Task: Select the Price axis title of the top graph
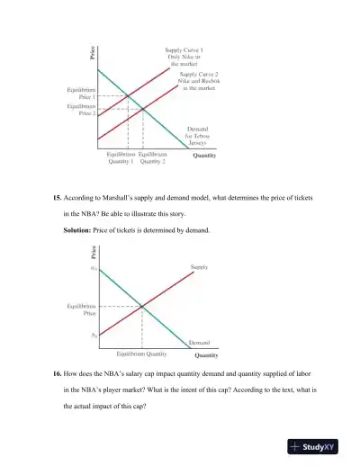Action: tap(93, 53)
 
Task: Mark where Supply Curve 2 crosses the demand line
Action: tap(143, 111)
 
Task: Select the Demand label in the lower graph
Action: tap(199, 343)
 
